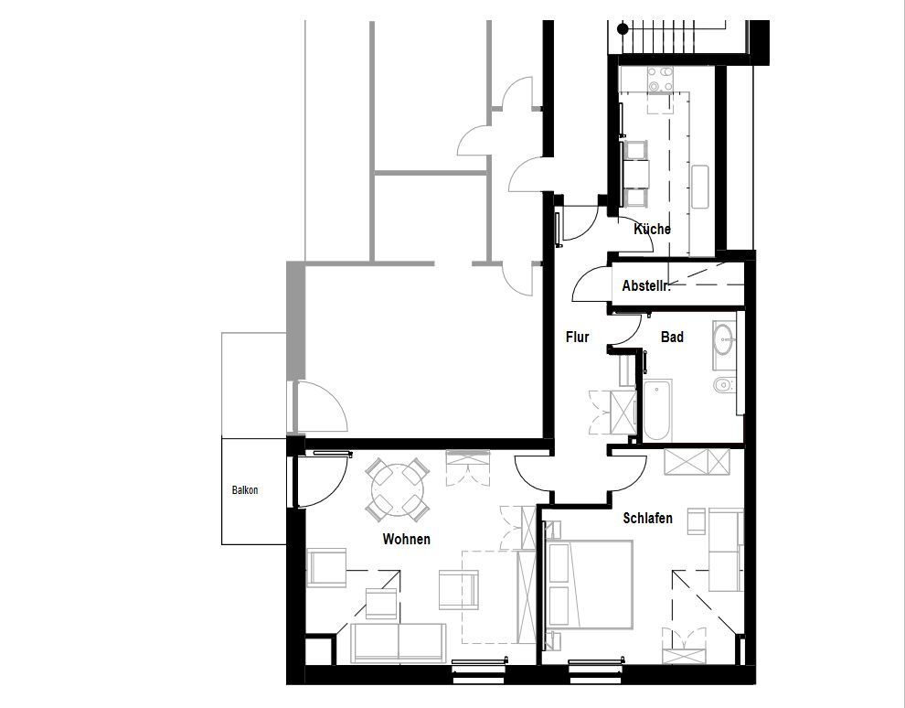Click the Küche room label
pos(652,229)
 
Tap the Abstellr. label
pos(646,285)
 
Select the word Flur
pos(577,337)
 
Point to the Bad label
pos(673,337)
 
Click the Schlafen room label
pos(647,518)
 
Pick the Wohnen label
pos(406,539)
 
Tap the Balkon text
pos(245,490)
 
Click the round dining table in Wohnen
pos(397,489)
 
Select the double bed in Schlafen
pos(590,585)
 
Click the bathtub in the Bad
pos(657,410)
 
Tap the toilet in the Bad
pos(724,384)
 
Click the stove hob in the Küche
pos(660,80)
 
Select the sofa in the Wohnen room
pos(399,643)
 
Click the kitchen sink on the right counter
pos(700,187)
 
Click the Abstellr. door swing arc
pos(591,283)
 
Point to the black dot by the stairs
pos(623,28)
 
